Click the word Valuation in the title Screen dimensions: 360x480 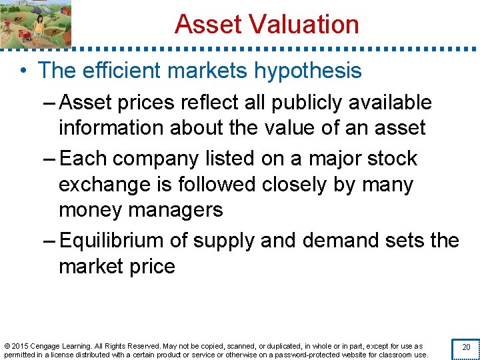coord(305,25)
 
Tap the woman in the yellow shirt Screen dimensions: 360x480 coord(39,25)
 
